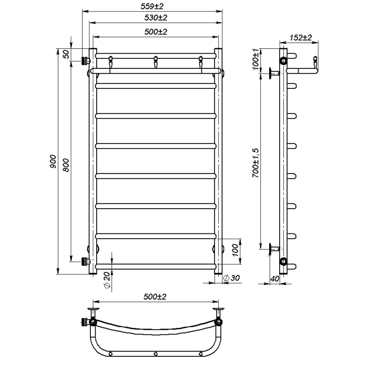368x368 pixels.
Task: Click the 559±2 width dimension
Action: (152, 6)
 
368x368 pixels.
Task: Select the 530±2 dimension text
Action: (156, 17)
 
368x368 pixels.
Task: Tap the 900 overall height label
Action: (53, 161)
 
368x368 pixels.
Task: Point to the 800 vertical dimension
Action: (67, 165)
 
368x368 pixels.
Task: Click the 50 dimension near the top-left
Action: (67, 54)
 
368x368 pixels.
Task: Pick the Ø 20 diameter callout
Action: (107, 280)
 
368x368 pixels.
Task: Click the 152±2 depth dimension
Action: (300, 37)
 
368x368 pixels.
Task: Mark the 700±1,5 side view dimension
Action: (255, 163)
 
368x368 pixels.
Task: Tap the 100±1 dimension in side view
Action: (255, 59)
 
